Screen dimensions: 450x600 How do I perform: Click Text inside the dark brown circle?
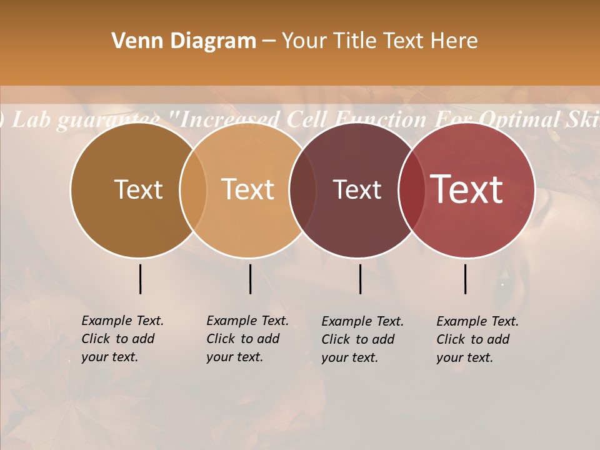138,189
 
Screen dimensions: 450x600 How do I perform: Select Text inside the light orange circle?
248,189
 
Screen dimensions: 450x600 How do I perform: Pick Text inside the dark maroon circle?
357,189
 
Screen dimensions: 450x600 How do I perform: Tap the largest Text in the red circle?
467,189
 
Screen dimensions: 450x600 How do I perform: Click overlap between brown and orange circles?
193,190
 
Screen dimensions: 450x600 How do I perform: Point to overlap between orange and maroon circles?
302,190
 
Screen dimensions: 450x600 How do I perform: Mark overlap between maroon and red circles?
411,190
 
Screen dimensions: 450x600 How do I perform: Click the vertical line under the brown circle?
140,279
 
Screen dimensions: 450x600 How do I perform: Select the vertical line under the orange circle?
250,279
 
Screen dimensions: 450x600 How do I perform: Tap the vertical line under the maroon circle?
360,279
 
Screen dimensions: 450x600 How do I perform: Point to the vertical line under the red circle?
466,279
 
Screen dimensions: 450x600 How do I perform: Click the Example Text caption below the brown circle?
122,339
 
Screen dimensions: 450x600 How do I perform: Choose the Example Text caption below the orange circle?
247,339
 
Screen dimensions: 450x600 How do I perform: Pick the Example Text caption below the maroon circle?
362,339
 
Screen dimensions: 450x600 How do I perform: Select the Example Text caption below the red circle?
477,339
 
